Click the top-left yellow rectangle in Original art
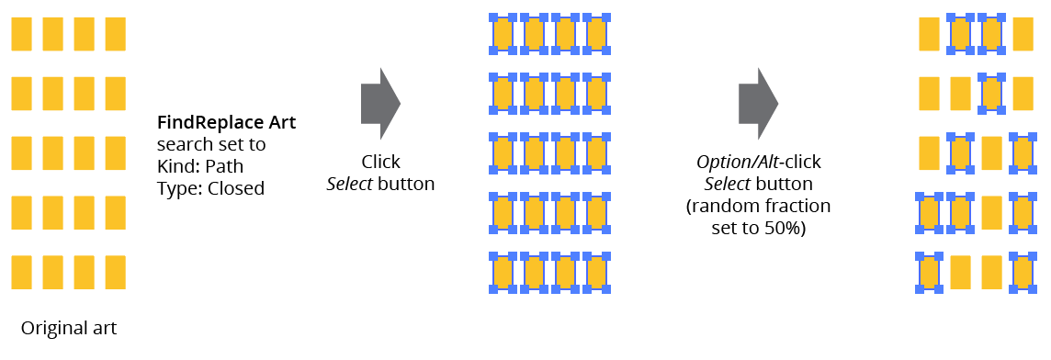tap(22, 34)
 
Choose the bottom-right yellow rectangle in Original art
tap(115, 273)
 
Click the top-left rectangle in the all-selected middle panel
tap(503, 34)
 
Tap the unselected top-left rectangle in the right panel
tap(930, 34)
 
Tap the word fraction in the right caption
tap(799, 206)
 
